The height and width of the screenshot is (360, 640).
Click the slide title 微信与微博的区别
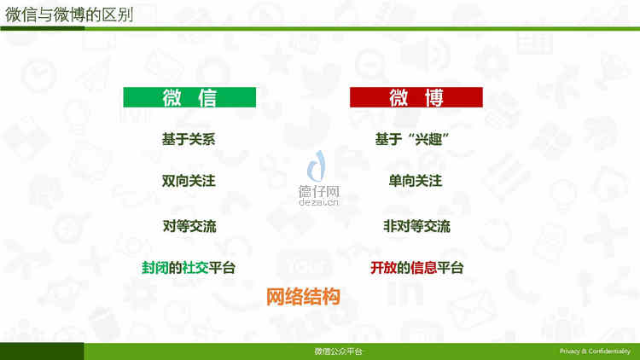[x=69, y=15]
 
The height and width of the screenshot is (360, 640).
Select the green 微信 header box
[x=189, y=97]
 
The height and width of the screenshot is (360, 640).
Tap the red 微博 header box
[x=416, y=97]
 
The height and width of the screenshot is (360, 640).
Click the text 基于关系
[x=189, y=139]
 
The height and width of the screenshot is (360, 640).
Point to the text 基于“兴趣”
[x=412, y=139]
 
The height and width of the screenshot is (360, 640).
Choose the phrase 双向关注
[x=189, y=181]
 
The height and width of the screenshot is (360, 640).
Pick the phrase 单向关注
[x=415, y=181]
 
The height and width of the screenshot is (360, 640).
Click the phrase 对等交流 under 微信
[x=189, y=226]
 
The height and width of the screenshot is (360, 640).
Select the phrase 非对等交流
[x=416, y=226]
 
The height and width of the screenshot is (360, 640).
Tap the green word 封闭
[x=154, y=268]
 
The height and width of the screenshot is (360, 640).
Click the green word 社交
[x=195, y=268]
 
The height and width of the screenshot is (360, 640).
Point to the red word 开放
[x=383, y=268]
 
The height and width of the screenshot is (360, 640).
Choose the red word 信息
[x=423, y=268]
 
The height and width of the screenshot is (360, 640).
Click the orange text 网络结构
[x=303, y=296]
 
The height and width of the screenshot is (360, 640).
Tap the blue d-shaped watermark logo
[x=317, y=165]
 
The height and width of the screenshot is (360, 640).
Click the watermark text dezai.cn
[x=319, y=201]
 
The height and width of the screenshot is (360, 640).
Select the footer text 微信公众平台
[x=338, y=351]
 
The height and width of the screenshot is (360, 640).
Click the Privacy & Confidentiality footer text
[x=595, y=351]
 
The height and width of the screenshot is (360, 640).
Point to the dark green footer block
[x=42, y=351]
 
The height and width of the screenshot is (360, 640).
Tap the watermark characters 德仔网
[x=319, y=191]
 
